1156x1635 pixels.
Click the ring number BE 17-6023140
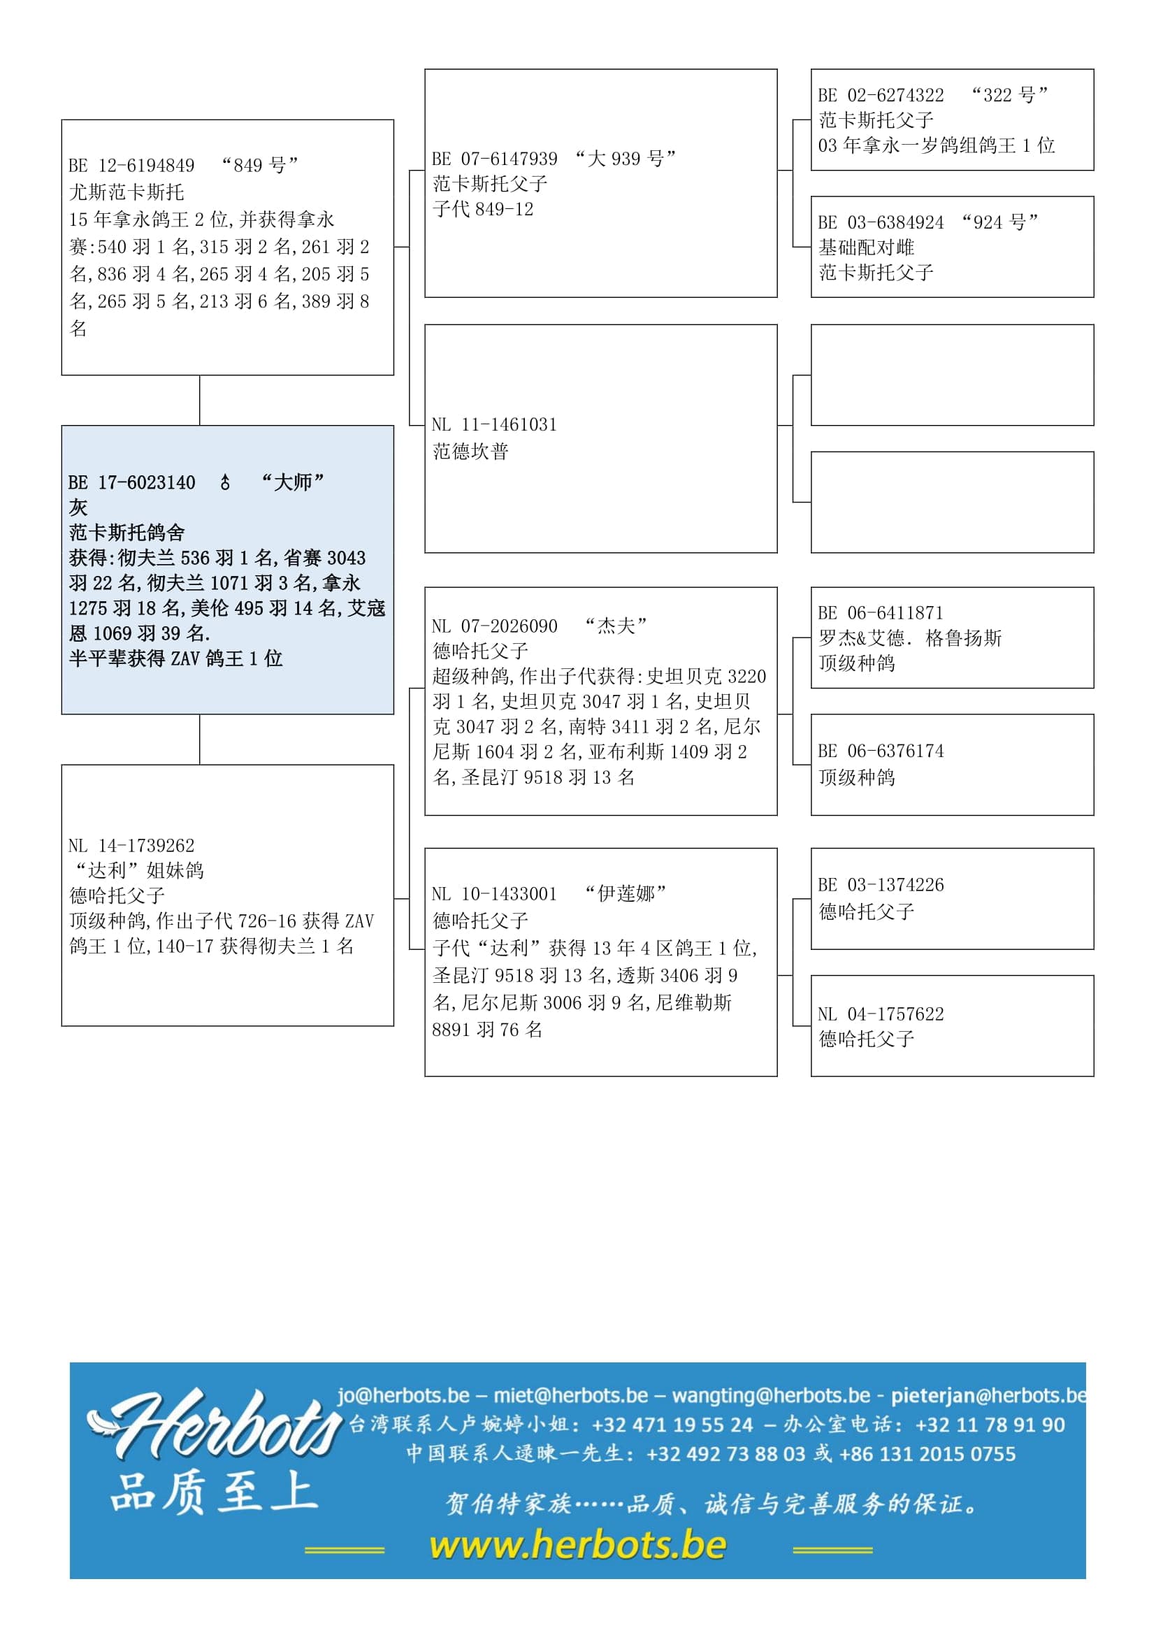(x=131, y=483)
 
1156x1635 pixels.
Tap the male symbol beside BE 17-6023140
(x=225, y=483)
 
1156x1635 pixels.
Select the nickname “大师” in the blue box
(x=293, y=483)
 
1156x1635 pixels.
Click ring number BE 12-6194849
(x=131, y=166)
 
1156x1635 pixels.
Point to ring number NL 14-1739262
(x=131, y=846)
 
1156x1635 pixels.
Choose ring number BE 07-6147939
(x=495, y=159)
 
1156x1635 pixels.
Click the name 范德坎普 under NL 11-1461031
(x=470, y=452)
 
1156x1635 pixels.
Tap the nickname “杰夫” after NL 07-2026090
(x=616, y=626)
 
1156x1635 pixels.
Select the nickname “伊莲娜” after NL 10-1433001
(x=625, y=894)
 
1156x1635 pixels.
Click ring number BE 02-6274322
(x=881, y=96)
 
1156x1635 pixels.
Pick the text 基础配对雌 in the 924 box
(x=866, y=248)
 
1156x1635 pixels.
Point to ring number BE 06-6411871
(x=881, y=613)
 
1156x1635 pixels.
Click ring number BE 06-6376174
(x=881, y=751)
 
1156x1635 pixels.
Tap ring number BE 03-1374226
(x=881, y=885)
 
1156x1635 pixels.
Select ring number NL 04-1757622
(x=881, y=1014)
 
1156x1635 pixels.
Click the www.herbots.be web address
(x=578, y=1546)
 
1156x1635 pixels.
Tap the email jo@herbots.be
(x=403, y=1395)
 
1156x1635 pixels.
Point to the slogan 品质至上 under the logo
(x=214, y=1492)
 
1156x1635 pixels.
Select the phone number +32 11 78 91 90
(x=990, y=1424)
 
